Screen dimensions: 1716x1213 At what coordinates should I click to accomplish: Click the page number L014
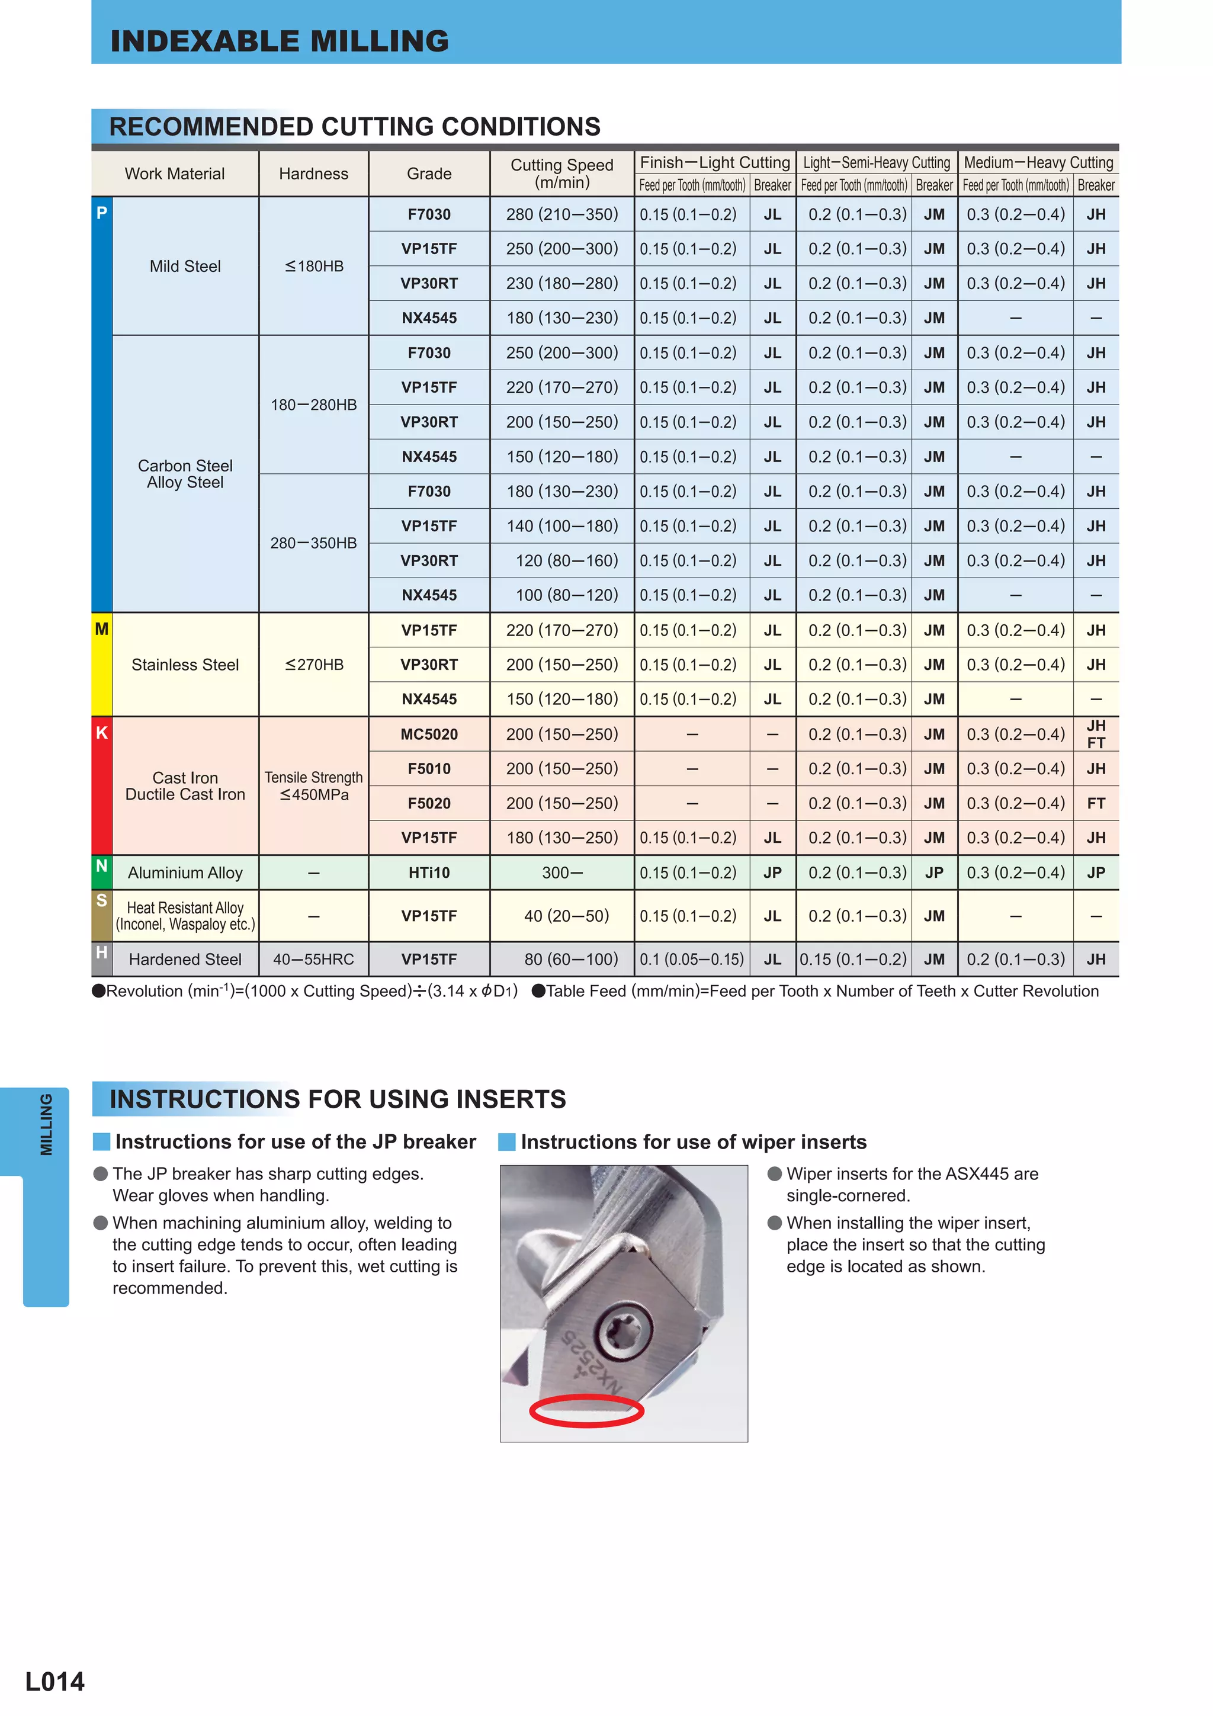pos(54,1681)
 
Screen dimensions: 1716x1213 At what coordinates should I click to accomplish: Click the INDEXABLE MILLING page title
pos(280,41)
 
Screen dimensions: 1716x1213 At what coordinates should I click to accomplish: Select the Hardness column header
pos(313,174)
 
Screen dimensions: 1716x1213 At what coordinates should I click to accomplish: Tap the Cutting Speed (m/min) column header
pos(561,174)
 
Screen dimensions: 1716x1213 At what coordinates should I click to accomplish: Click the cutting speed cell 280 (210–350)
pos(561,214)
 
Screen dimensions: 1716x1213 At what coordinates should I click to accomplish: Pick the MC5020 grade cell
pos(429,734)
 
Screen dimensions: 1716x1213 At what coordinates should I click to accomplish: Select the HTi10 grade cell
pos(429,872)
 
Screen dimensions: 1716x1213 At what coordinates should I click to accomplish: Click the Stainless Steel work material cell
pos(185,665)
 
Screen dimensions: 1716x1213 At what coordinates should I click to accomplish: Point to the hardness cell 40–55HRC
pos(313,959)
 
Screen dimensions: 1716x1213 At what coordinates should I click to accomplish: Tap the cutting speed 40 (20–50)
pos(566,916)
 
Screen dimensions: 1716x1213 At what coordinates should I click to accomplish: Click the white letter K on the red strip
pos(102,733)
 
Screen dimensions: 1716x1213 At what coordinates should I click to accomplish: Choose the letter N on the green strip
pos(102,865)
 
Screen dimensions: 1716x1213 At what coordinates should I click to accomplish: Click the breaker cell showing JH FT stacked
pos(1096,734)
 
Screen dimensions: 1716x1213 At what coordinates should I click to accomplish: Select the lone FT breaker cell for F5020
pos(1096,803)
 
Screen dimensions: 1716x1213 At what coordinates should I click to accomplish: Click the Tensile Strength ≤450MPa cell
pos(313,785)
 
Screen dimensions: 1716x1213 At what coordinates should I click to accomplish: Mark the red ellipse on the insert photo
pos(586,1411)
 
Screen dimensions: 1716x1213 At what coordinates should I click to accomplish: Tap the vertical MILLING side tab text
pos(46,1124)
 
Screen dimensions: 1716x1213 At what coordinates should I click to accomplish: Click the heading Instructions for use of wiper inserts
pos(693,1142)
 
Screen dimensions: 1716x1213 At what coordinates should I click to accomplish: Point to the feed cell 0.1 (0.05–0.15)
pos(691,959)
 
